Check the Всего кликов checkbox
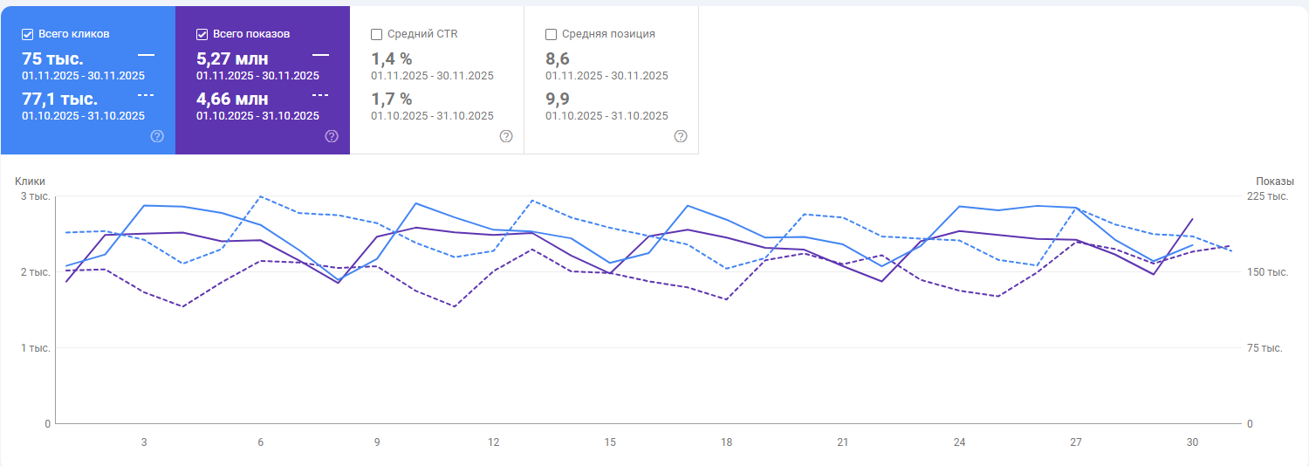tap(28, 34)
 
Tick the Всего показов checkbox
tap(202, 34)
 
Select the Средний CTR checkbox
tap(377, 34)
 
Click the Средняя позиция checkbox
tap(552, 34)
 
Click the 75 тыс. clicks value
tap(52, 58)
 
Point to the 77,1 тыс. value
tap(59, 99)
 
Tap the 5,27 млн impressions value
tap(232, 58)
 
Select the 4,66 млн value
tap(232, 99)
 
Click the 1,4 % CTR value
tap(391, 58)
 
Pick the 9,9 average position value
tap(557, 99)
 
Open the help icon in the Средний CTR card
tap(506, 136)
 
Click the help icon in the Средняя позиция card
tap(681, 136)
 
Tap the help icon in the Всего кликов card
tap(157, 136)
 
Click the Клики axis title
tap(30, 181)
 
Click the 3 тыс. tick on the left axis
tap(36, 196)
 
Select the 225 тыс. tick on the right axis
tap(1267, 196)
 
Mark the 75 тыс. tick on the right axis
tap(1264, 348)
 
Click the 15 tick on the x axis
tap(610, 442)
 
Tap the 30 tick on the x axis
tap(1192, 442)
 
